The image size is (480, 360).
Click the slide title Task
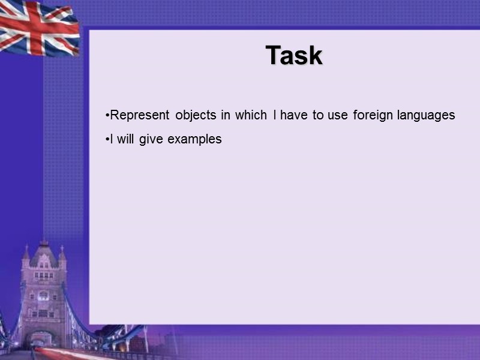pos(294,56)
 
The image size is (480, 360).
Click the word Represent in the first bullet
pos(139,115)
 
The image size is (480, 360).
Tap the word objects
pos(195,115)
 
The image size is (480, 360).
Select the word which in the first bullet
pos(250,115)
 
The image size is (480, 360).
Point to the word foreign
pos(373,115)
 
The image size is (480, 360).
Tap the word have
pos(293,115)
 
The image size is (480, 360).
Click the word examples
pos(195,139)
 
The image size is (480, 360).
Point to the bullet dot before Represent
pos(107,115)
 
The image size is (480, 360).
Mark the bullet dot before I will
pos(107,139)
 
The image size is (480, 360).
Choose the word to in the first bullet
pos(318,115)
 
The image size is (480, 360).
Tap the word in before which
pos(226,115)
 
